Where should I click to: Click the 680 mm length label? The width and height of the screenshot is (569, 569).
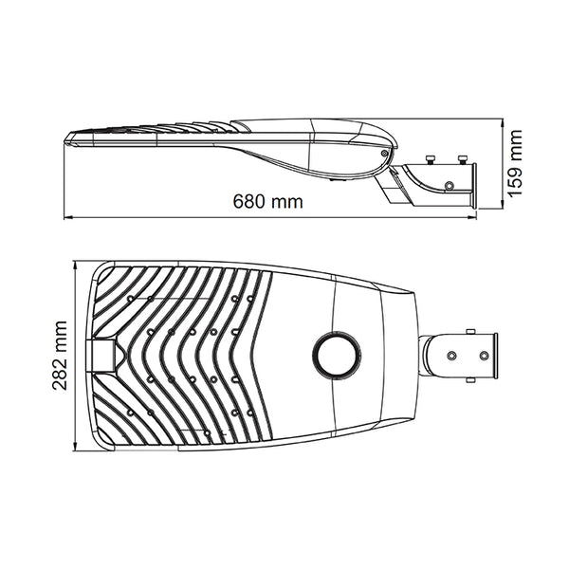267,201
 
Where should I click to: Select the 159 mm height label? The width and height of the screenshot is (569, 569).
515,163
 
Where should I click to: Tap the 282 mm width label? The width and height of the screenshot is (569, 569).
60,356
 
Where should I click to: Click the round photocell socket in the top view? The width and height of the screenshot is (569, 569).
337,356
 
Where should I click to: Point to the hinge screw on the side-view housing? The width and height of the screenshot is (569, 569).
384,153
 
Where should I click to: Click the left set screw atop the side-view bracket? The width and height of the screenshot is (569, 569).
431,159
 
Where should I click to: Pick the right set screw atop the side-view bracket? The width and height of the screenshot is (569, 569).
463,159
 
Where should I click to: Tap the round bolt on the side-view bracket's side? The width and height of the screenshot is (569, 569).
450,186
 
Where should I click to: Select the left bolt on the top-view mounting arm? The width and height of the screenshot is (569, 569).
451,356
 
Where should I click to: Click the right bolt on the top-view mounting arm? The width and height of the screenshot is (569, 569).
484,356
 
